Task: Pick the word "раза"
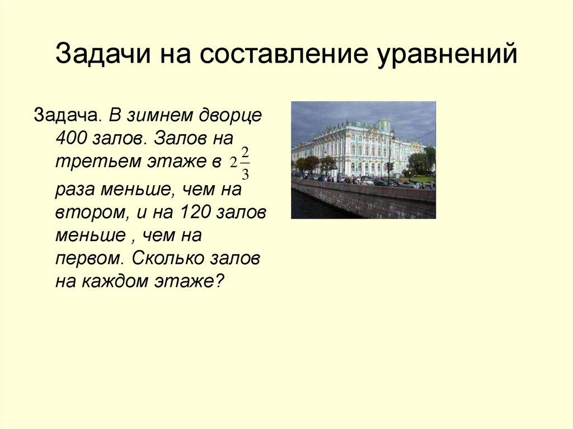coord(75,190)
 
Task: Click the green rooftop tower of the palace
coord(384,124)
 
